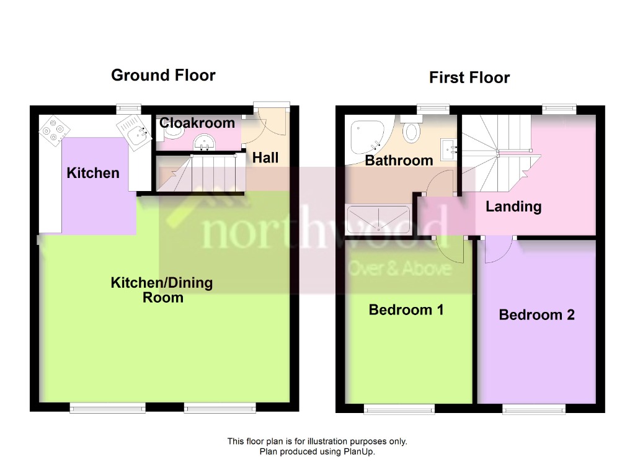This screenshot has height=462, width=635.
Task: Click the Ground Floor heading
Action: point(163,76)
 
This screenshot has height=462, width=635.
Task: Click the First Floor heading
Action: point(469,78)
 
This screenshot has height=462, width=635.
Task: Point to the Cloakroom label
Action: point(197,123)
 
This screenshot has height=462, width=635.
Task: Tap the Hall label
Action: point(265,158)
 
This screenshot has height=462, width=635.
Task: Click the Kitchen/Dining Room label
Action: point(162,290)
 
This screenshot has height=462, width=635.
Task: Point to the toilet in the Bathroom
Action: point(411,130)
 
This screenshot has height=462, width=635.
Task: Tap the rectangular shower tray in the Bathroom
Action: point(378,220)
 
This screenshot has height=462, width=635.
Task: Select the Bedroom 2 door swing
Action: point(497,248)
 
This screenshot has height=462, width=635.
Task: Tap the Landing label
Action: point(513,207)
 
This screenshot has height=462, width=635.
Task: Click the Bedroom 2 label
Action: point(536,315)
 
